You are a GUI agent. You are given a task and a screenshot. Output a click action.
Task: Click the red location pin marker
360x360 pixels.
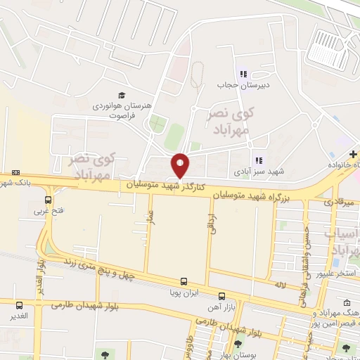pos(181,165)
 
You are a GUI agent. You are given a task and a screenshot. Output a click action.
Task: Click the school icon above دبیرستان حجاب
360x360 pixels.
pos(243,75)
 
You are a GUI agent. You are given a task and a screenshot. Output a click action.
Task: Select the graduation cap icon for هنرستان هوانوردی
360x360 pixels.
pos(122,95)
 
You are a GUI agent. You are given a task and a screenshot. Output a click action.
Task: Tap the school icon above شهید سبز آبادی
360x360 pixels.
pos(259,160)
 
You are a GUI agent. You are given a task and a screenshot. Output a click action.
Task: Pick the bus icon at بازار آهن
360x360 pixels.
pos(221,296)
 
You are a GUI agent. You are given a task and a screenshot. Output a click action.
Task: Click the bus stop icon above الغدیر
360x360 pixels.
pos(18,305)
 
